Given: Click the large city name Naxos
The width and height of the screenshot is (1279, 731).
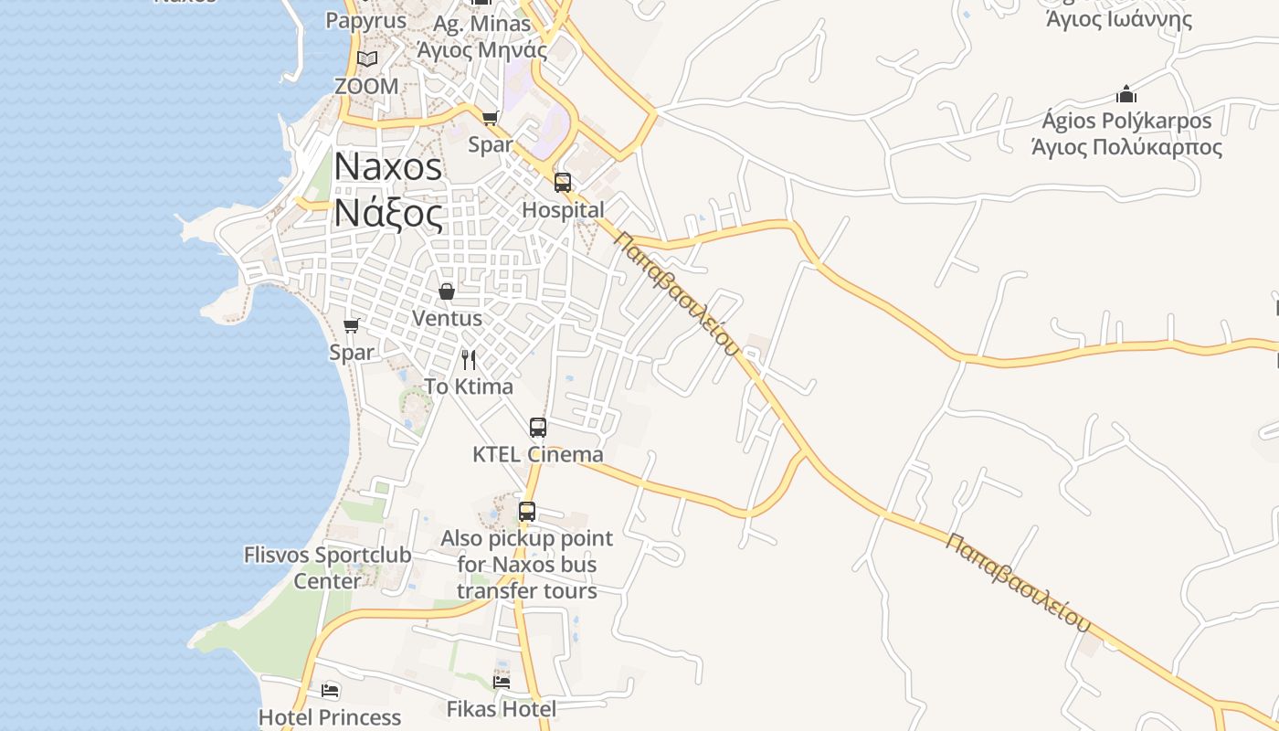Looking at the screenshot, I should click(388, 166).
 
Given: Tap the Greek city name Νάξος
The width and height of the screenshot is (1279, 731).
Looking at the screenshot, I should click(388, 214).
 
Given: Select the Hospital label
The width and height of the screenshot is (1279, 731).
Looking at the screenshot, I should click(563, 210).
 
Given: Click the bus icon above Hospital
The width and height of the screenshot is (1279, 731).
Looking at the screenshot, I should click(563, 182).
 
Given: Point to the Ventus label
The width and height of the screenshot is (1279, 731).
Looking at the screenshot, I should click(447, 319).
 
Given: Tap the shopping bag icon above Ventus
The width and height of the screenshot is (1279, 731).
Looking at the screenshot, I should click(447, 291).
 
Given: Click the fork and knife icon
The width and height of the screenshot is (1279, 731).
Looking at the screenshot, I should click(469, 359).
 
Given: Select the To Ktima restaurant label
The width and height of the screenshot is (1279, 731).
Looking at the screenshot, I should click(469, 387).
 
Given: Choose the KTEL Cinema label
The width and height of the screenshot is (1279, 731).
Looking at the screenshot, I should click(538, 454).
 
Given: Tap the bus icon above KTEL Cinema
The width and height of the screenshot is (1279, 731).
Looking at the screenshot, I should click(538, 427).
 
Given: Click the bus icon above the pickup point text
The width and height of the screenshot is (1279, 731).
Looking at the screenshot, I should click(527, 512).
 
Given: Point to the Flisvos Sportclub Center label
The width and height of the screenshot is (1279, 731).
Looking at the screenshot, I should click(327, 567).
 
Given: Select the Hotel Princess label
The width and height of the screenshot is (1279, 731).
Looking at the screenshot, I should click(330, 717).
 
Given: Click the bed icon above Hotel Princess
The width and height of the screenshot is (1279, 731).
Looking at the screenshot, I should click(330, 690).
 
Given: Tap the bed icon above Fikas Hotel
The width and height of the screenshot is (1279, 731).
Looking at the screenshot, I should click(502, 682).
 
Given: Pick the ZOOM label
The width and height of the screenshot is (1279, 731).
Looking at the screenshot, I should click(366, 87).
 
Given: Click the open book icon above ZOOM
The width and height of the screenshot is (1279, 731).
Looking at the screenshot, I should click(366, 59).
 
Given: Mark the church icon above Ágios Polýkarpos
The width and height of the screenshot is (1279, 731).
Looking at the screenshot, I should click(1126, 94).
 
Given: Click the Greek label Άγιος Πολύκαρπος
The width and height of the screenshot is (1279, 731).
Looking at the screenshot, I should click(1126, 147).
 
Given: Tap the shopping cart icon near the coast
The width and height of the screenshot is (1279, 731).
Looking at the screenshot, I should click(351, 325).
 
